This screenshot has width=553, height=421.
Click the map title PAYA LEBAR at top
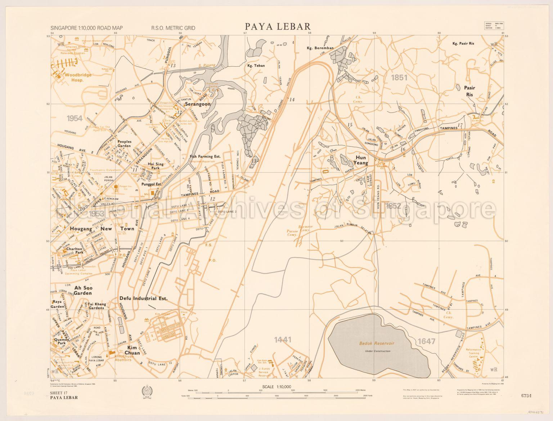pos(278,27)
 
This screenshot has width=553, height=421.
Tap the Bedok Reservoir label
pos(376,343)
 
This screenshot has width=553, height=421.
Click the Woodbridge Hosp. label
pos(69,77)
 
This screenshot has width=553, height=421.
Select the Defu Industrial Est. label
pos(144,298)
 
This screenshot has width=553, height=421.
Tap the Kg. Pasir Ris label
pos(464,44)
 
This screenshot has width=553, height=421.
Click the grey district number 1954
pos(75,118)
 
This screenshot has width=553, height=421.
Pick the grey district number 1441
pos(282,339)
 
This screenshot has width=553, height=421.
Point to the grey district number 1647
pos(427,341)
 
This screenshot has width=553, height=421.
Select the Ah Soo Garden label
pos(83,291)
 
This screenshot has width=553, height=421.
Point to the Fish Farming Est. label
pos(205,157)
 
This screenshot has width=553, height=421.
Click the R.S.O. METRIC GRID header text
pos(173,28)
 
